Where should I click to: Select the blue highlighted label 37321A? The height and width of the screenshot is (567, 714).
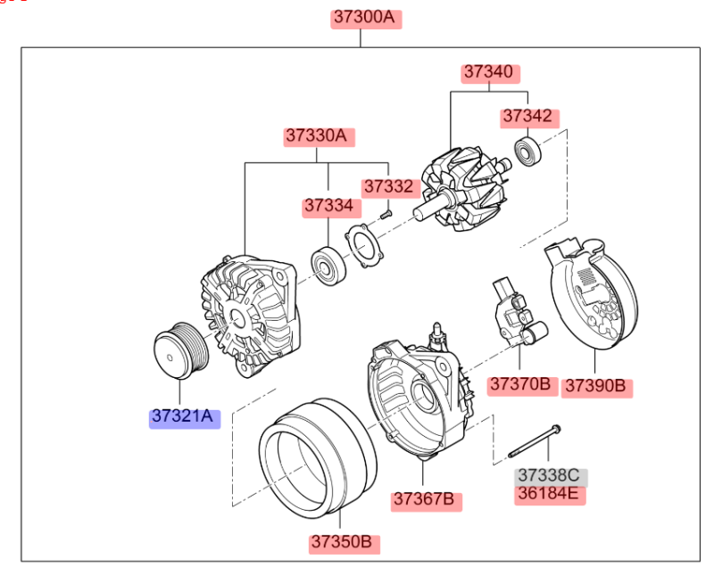point(184,416)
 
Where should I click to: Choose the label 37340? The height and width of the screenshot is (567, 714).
point(490,73)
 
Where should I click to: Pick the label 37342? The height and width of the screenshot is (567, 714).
point(528,117)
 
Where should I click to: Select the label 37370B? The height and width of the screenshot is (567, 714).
point(519,384)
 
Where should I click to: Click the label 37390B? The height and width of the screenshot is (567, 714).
point(597,387)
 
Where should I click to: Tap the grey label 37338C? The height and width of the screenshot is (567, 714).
point(549,475)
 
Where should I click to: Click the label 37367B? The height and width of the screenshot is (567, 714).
point(426,499)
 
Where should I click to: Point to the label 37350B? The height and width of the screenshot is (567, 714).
point(345,541)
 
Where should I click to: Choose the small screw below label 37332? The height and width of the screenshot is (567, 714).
point(386,214)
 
